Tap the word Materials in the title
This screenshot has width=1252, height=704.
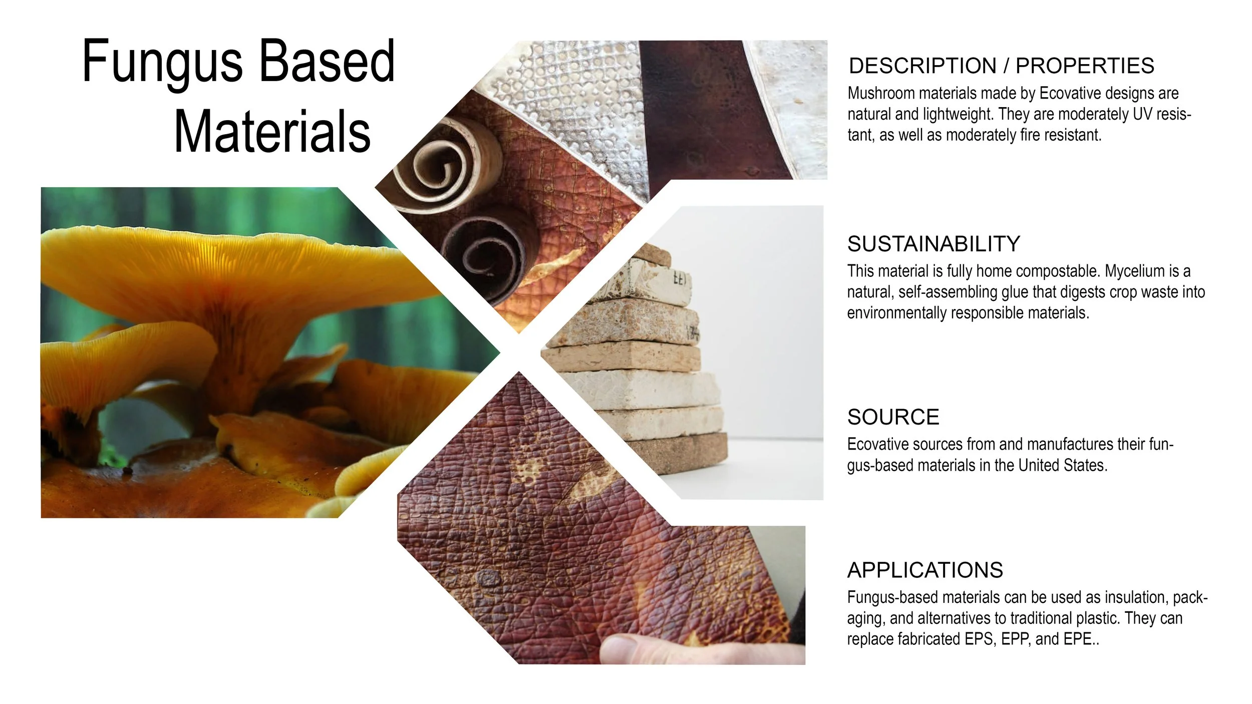(272, 132)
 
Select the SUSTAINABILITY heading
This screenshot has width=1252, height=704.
(933, 244)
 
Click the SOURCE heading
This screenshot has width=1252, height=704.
(893, 417)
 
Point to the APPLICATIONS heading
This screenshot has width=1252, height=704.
(925, 570)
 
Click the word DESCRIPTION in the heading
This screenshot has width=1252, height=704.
(922, 66)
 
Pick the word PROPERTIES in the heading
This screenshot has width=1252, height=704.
(1085, 66)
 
